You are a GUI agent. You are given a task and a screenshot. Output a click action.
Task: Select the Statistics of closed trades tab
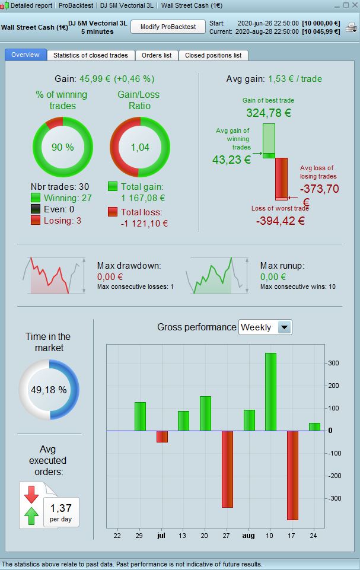tap(91, 55)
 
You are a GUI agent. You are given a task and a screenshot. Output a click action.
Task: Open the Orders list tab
tap(157, 55)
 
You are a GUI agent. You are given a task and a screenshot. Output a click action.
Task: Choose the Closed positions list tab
tap(213, 55)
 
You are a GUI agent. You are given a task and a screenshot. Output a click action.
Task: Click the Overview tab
tap(25, 55)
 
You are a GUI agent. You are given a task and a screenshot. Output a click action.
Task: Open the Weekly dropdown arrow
tap(285, 327)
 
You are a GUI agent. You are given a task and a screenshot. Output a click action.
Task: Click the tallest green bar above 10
tap(270, 391)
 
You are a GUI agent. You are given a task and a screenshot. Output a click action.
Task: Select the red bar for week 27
tap(227, 469)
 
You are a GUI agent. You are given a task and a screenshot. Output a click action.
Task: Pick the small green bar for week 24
tap(314, 426)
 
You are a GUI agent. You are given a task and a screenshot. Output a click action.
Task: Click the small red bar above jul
tap(162, 436)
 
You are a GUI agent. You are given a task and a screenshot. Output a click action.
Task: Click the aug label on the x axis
tap(249, 535)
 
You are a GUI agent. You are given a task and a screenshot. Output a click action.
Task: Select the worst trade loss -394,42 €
tap(281, 221)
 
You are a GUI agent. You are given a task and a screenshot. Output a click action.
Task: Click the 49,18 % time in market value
tap(50, 390)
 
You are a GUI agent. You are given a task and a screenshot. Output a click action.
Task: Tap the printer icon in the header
tap(351, 28)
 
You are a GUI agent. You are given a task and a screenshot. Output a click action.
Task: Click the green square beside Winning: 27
tap(36, 198)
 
